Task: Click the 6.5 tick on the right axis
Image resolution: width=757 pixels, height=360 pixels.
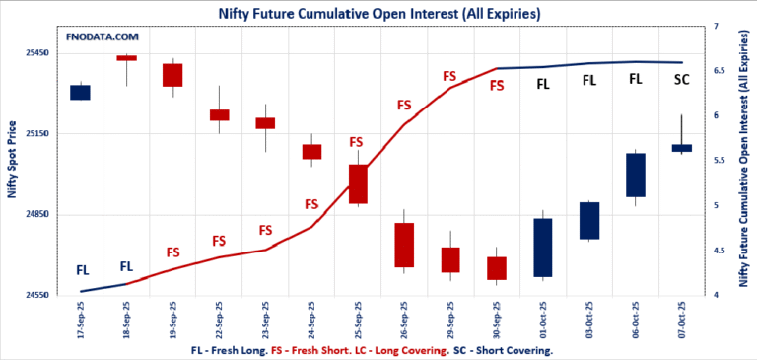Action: [719, 71]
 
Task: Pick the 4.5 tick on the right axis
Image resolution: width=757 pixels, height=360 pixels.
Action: [719, 251]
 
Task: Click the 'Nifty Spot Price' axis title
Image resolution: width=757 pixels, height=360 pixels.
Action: [12, 160]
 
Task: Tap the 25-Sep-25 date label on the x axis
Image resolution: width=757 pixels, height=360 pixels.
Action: [358, 318]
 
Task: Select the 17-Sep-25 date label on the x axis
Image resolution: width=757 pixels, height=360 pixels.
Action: [81, 318]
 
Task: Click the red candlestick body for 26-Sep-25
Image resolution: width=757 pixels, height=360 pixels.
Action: [404, 245]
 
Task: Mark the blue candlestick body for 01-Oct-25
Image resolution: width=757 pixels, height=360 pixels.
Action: [543, 248]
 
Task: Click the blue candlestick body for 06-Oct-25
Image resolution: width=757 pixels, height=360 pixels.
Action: [636, 175]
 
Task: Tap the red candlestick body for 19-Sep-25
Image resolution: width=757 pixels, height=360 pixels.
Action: [172, 75]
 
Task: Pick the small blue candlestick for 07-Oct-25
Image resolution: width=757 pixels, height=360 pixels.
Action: [682, 148]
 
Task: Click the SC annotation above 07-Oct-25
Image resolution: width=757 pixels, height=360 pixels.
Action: [681, 80]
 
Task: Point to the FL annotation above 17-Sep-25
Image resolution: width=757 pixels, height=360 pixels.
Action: [82, 269]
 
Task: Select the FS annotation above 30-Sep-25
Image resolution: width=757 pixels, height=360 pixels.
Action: [497, 86]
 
